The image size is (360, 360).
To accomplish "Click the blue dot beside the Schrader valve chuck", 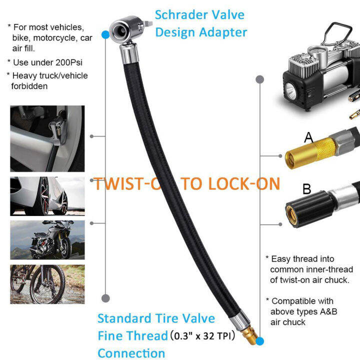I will click(x=105, y=34).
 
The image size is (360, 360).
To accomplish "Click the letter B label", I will click(x=307, y=189).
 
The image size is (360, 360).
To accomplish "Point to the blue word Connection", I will click(x=131, y=353).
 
